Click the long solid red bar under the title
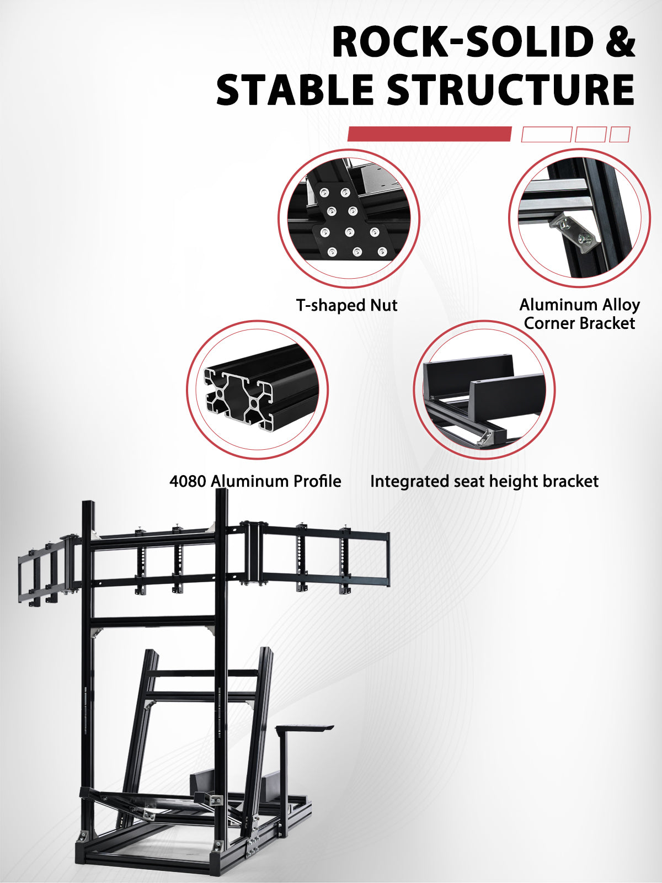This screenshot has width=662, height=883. pyautogui.click(x=429, y=134)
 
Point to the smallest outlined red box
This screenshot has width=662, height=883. pyautogui.click(x=620, y=134)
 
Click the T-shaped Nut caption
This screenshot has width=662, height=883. pyautogui.click(x=346, y=305)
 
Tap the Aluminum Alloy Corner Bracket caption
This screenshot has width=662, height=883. pyautogui.click(x=579, y=314)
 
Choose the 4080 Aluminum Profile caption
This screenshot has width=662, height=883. pyautogui.click(x=255, y=481)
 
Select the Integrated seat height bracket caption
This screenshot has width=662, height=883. pyautogui.click(x=484, y=482)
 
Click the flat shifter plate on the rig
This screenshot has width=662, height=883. pyautogui.click(x=305, y=727)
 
